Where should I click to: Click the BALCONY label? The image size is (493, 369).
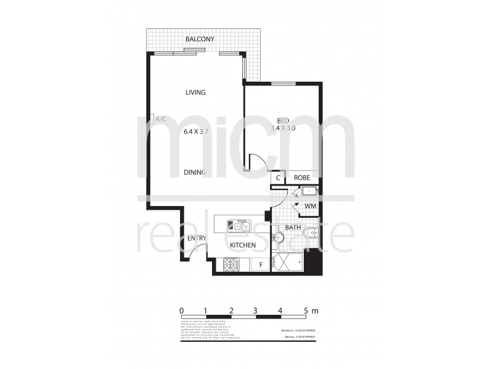pos(200,40)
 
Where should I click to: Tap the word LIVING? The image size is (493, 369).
pos(195,92)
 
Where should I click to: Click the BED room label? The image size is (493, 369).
pos(283,120)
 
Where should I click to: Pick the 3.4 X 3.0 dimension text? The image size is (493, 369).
pos(283,129)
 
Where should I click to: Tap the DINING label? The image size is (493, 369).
pos(195,173)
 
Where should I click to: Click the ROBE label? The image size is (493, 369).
pos(302,178)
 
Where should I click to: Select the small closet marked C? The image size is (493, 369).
pos(279,178)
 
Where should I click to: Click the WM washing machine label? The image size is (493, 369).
pos(310,207)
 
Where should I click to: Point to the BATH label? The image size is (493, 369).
pos(293,228)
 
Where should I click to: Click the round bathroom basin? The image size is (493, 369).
pos(279,237)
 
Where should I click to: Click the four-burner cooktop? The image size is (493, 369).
pos(230,265)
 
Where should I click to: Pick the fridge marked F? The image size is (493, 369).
pos(261,266)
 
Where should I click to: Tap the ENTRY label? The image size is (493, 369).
pos(197,239)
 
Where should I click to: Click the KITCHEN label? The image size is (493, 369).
pos(243,246)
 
